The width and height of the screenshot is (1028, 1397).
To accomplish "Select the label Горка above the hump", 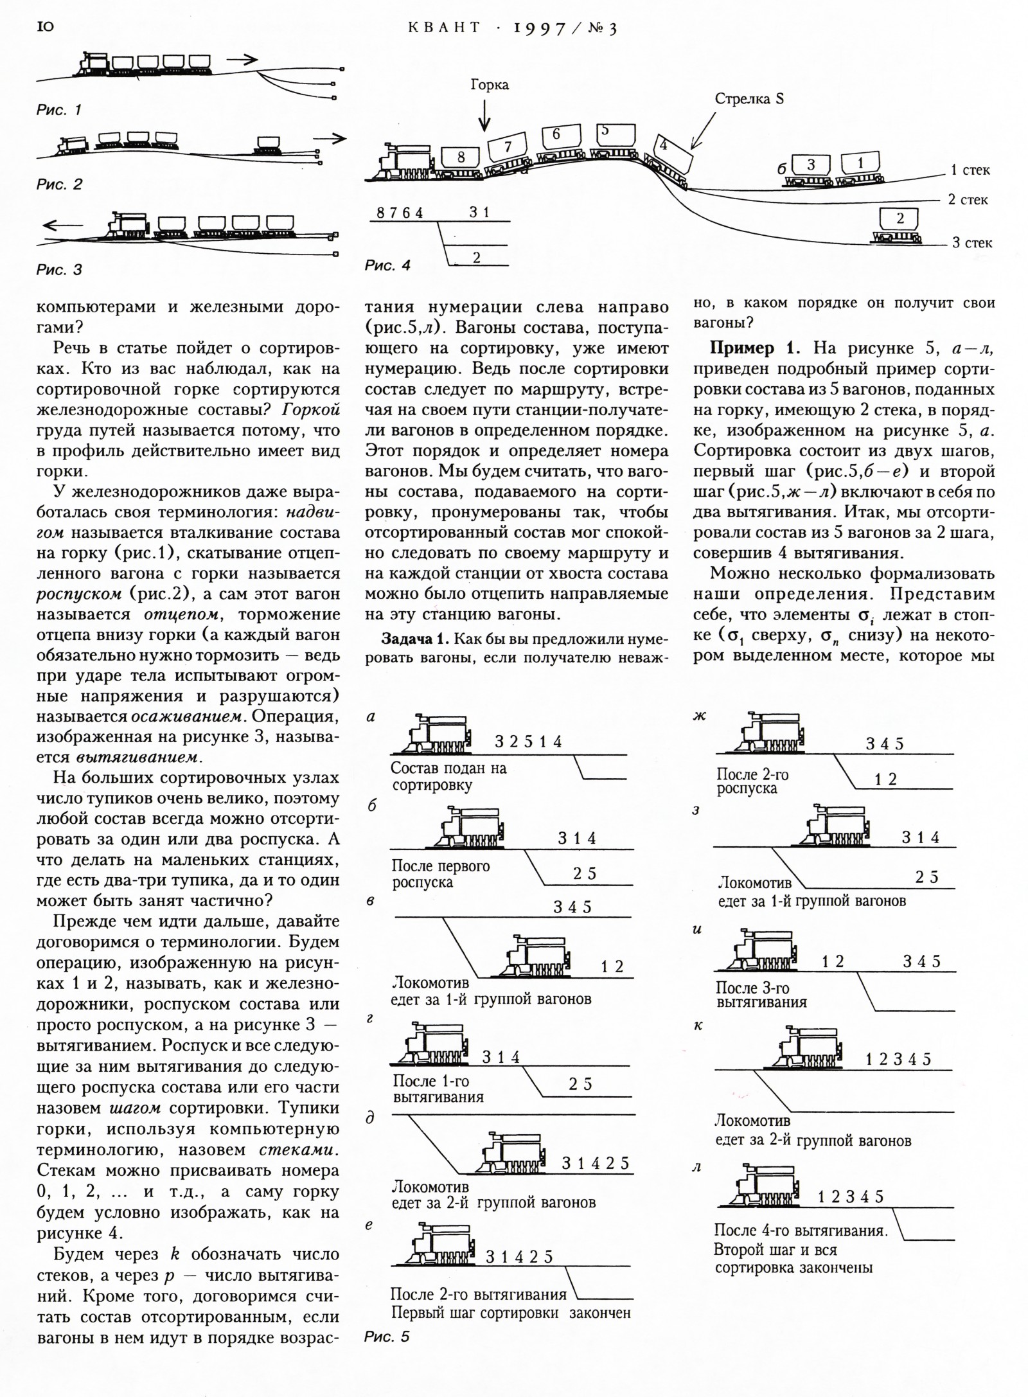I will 489,85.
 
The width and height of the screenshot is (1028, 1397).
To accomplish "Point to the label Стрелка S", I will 749,99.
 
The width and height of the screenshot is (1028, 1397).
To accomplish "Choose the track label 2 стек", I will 968,200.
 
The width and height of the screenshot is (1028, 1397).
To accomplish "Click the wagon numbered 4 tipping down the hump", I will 672,152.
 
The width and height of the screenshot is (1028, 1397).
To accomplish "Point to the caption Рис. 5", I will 386,1337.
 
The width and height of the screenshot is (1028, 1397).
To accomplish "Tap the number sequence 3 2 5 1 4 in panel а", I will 528,742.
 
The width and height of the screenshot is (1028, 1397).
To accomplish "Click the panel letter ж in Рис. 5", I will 699,716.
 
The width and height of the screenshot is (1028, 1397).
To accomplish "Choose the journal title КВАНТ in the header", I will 444,27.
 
